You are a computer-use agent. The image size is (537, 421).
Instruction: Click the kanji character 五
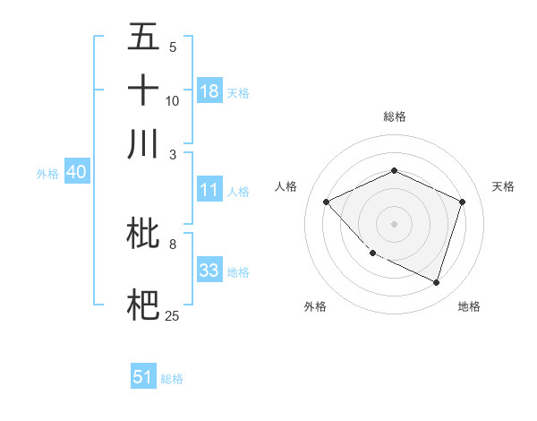click(x=144, y=37)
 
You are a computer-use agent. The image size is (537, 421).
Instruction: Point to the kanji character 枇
click(x=144, y=236)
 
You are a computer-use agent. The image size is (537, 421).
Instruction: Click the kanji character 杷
click(x=144, y=302)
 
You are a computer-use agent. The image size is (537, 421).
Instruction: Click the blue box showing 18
click(x=209, y=91)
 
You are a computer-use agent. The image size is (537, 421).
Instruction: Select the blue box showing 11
click(x=209, y=191)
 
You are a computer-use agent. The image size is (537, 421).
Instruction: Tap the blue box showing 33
click(x=209, y=271)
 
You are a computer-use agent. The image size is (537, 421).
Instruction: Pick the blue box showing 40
click(x=76, y=173)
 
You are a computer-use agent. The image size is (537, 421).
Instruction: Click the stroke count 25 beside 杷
click(x=173, y=316)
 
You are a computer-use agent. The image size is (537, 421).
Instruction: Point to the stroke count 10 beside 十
click(x=173, y=101)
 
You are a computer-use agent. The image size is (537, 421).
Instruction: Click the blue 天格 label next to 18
click(x=238, y=92)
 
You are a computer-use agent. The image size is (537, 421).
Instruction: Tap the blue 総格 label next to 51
click(x=172, y=379)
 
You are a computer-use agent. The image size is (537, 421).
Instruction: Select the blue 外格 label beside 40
click(x=47, y=174)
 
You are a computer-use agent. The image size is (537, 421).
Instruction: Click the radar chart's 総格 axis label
click(x=395, y=116)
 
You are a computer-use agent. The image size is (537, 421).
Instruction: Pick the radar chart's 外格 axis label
click(x=315, y=306)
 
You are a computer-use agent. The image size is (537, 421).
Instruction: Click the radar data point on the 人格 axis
click(x=327, y=202)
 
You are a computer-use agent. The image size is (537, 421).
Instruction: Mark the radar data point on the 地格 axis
click(x=436, y=282)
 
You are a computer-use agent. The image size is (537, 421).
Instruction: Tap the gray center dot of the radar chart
click(x=394, y=224)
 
